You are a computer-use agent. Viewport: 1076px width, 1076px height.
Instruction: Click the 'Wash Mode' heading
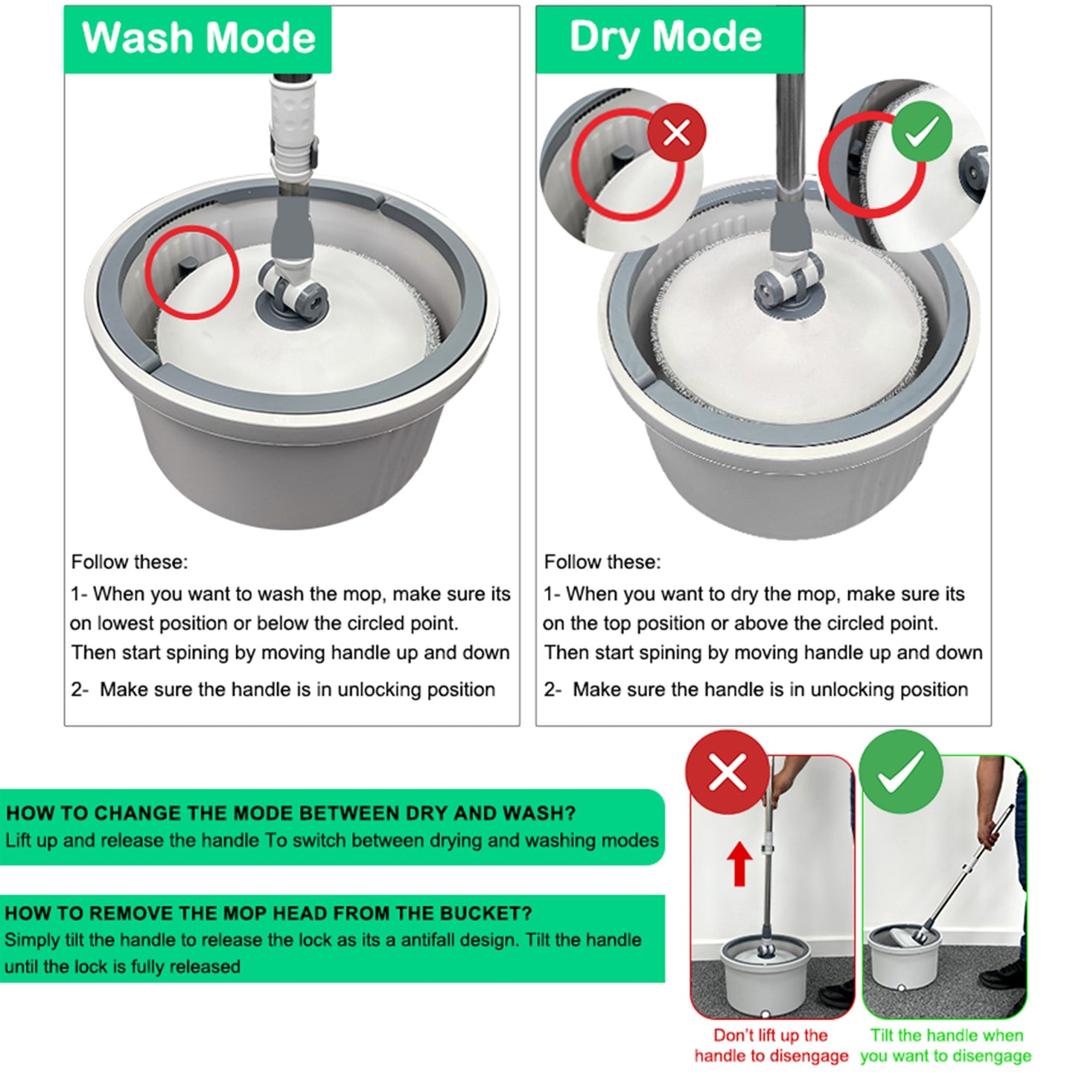coord(198,38)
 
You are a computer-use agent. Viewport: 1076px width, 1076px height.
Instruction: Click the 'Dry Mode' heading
coord(665,37)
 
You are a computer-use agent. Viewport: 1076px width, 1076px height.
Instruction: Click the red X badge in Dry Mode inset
coord(675,133)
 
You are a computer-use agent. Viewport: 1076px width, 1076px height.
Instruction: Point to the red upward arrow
coord(739,863)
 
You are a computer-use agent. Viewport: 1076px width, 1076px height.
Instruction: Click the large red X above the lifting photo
coord(727,772)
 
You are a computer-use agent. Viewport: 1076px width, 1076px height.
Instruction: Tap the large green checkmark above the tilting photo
coord(900,771)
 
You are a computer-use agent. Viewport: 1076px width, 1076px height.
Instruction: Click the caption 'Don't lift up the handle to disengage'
coord(771,1045)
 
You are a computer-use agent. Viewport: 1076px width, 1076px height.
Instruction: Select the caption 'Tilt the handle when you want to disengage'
coord(946,1045)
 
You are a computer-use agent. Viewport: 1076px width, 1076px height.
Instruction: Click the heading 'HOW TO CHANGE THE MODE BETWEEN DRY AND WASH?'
coord(290,813)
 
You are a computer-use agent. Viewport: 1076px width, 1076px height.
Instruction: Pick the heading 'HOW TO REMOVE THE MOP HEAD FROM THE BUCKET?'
coord(268,913)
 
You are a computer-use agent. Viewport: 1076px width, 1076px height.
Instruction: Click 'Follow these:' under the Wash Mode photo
coord(130,562)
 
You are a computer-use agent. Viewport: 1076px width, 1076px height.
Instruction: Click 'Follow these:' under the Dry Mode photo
coord(602,562)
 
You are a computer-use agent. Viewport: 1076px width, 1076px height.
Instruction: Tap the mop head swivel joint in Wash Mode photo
coord(290,287)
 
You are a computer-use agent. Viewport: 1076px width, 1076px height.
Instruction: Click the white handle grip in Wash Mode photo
coord(290,119)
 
